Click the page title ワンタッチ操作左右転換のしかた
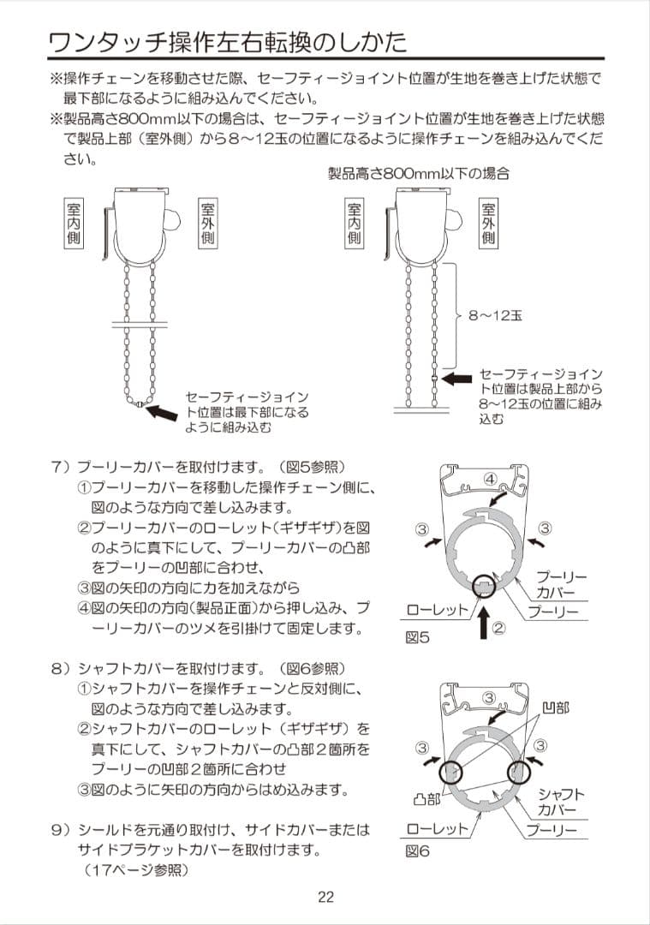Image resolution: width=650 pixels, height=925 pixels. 228,41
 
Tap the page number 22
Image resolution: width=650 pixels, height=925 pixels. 325,897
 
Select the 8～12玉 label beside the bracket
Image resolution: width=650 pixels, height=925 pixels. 495,315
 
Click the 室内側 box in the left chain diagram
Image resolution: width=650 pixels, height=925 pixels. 74,224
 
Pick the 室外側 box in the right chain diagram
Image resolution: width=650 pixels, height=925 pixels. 487,224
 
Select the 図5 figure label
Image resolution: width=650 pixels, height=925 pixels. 417,637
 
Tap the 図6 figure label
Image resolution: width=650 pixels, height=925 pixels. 417,852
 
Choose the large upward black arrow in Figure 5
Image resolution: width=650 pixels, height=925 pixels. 483,623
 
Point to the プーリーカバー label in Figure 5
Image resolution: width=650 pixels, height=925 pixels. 561,586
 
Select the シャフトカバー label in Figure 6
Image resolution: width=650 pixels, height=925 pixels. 561,802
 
